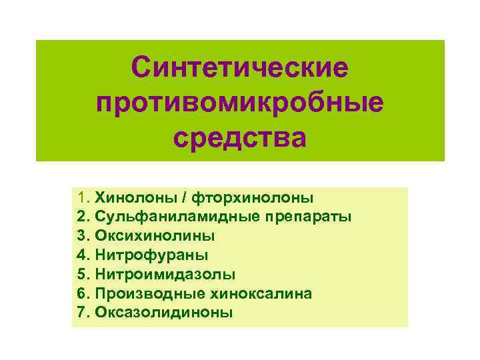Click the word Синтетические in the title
click(x=239, y=67)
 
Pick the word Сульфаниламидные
click(x=168, y=217)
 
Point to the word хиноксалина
click(x=259, y=293)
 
